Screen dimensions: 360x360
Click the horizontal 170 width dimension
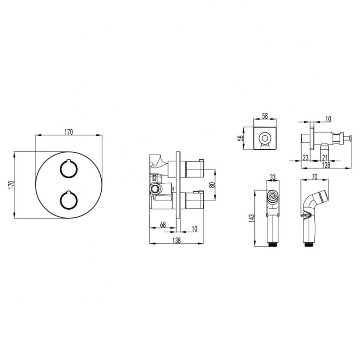click(69, 132)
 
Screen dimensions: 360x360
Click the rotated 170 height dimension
click(11, 185)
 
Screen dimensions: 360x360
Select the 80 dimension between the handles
click(213, 185)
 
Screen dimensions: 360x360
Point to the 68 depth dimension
click(163, 224)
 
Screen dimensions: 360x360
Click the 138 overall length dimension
click(176, 240)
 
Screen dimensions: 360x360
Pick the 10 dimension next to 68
click(194, 228)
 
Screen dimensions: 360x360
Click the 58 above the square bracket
click(265, 116)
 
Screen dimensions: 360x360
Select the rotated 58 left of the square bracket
click(240, 138)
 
